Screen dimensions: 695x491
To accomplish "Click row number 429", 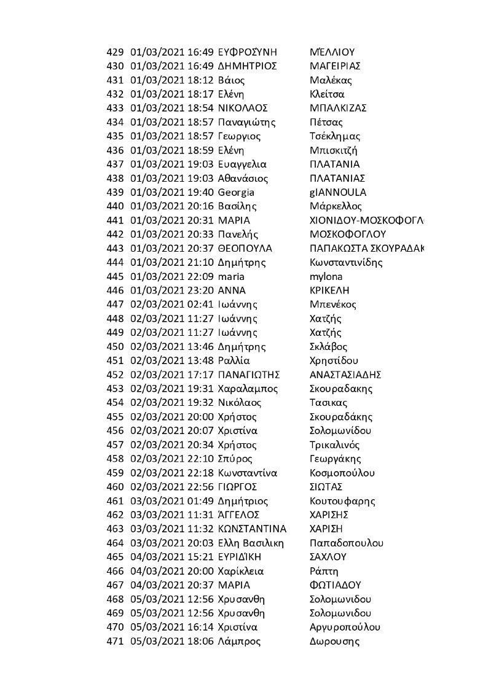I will pyautogui.click(x=116, y=52).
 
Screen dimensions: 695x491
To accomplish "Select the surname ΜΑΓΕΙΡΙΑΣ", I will pyautogui.click(x=335, y=66).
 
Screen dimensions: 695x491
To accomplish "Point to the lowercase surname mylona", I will pyautogui.click(x=327, y=276).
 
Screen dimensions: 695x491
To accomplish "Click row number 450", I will pyautogui.click(x=116, y=346).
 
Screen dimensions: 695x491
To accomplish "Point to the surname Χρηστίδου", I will pyautogui.click(x=334, y=360).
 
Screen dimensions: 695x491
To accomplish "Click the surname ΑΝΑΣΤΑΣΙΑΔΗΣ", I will pyautogui.click(x=347, y=375).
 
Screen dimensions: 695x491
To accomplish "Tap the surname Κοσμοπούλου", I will pyautogui.click(x=342, y=473).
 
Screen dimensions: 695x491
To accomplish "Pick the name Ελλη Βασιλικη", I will pyautogui.click(x=251, y=543).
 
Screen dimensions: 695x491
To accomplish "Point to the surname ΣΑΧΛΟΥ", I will pyautogui.click(x=328, y=557).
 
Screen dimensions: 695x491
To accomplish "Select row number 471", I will pyautogui.click(x=116, y=642).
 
